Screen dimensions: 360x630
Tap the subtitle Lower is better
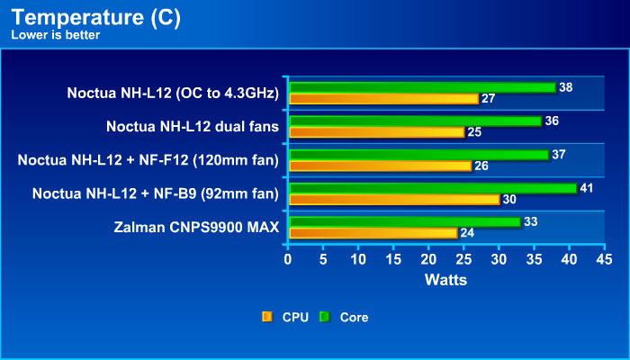click(x=53, y=35)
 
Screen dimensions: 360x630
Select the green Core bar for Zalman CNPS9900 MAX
click(x=404, y=221)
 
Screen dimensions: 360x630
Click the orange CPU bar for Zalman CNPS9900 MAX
click(x=372, y=232)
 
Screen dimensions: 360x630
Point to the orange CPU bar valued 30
click(x=393, y=199)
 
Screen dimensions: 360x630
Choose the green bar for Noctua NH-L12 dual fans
click(x=415, y=121)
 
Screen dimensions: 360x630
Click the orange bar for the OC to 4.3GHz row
click(x=382, y=98)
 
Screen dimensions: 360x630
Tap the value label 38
click(x=566, y=87)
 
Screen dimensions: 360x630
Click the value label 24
click(x=468, y=233)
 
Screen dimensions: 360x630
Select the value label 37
click(x=559, y=155)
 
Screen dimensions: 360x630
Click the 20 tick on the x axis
click(x=428, y=259)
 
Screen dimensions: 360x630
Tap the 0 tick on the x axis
click(x=288, y=259)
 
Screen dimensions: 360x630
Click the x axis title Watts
click(x=445, y=280)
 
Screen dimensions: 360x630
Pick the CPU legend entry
click(x=287, y=317)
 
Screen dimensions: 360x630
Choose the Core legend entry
click(x=346, y=317)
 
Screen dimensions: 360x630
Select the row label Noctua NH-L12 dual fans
click(x=193, y=126)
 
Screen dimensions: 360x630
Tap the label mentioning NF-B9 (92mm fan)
click(x=156, y=193)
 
